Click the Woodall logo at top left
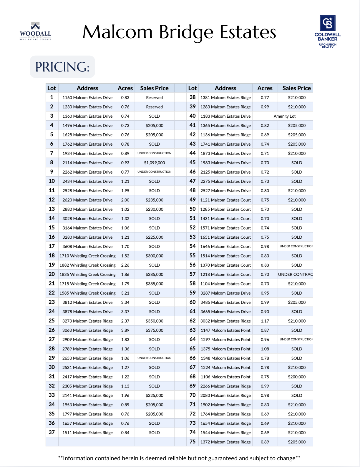35,31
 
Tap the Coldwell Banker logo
327,32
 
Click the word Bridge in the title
186,32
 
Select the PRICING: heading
62,67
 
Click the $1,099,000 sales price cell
154,163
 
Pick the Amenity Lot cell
284,116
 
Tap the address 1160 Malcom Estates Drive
87,98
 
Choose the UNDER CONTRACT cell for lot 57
295,275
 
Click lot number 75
193,442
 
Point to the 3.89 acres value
125,330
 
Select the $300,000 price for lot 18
154,256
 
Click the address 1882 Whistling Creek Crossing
87,265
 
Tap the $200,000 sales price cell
297,377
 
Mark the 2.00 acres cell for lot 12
125,200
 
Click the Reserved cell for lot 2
154,107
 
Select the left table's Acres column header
125,88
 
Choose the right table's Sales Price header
296,88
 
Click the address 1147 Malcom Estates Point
225,330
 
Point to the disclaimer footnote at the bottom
179,458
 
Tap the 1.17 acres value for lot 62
265,321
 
